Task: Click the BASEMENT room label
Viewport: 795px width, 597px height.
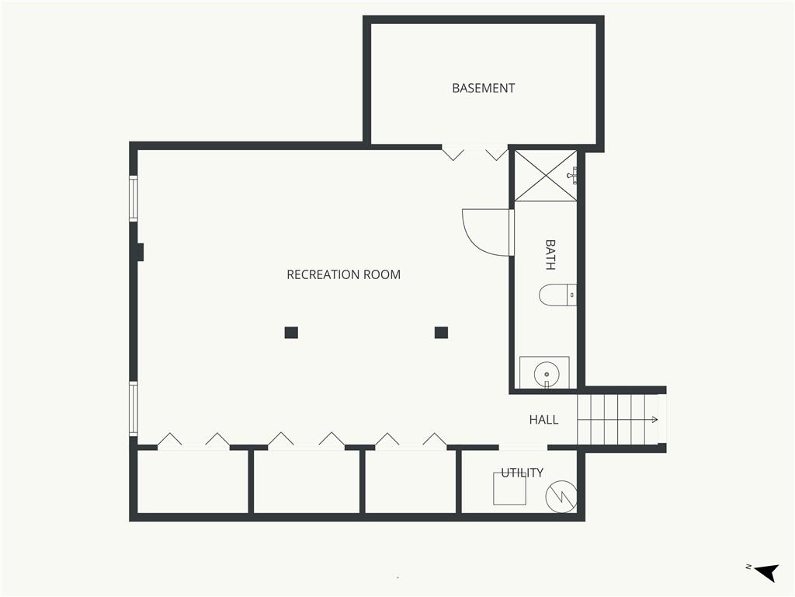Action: click(483, 89)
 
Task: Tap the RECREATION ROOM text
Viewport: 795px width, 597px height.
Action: click(344, 274)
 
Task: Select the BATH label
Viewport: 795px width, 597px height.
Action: click(550, 255)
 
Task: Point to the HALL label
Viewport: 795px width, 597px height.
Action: click(543, 420)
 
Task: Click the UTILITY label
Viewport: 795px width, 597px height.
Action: click(522, 473)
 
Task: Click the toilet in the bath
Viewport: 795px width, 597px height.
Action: click(557, 295)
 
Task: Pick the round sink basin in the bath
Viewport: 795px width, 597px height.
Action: click(547, 375)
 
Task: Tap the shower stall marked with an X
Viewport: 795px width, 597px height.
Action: click(546, 176)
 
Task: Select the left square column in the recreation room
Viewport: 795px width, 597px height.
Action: click(291, 333)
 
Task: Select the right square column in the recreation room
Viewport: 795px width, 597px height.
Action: click(441, 333)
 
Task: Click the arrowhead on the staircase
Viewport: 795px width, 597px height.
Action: click(655, 420)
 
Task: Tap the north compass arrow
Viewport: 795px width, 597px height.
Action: click(768, 572)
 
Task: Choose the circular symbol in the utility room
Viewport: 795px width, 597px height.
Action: click(561, 496)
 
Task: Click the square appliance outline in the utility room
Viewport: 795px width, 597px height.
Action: click(509, 489)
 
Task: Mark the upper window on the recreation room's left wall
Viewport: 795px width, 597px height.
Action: click(134, 198)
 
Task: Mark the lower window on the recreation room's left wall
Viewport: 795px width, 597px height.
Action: click(134, 409)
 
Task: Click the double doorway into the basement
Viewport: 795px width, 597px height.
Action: click(474, 152)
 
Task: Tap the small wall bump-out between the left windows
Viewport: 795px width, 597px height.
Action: click(141, 253)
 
